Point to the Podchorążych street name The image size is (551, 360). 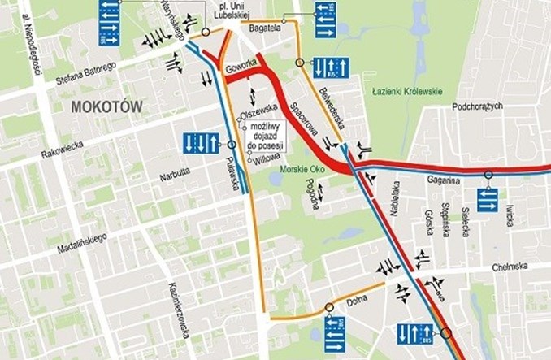coord(479,106)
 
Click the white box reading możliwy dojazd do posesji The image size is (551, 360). coord(267,135)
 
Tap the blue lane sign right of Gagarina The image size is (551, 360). coord(487,198)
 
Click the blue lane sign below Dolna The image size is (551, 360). coord(334,330)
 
